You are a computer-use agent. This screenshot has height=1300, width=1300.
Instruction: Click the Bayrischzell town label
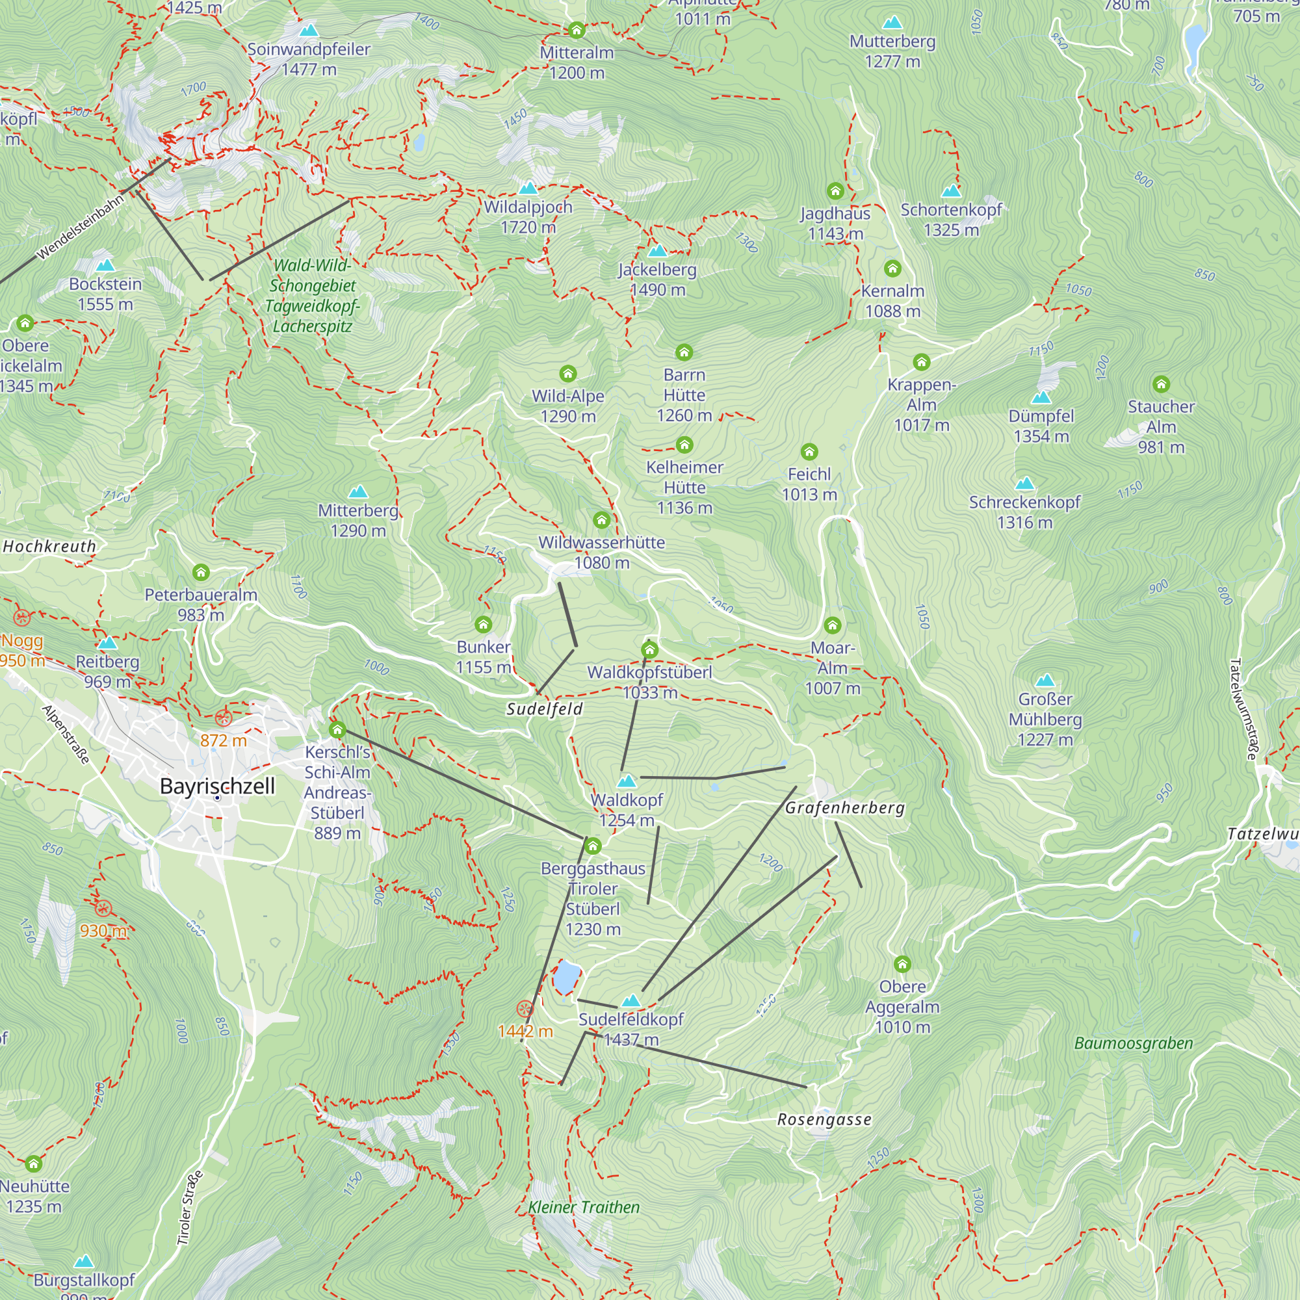coord(217,786)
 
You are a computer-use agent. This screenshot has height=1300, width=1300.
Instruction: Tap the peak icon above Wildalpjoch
coord(528,187)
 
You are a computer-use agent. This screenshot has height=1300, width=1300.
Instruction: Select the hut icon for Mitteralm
coord(576,31)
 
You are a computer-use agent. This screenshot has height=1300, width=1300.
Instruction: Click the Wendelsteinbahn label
coord(81,227)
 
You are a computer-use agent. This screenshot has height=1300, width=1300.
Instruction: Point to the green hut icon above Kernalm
coord(892,269)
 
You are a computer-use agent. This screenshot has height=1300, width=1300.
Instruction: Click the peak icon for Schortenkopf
coord(951,190)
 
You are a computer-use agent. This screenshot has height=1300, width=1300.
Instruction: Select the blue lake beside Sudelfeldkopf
coord(567,977)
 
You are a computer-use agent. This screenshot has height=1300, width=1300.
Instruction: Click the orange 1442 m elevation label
coord(525,1031)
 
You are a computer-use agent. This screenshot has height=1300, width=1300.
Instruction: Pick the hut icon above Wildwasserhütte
coord(601,520)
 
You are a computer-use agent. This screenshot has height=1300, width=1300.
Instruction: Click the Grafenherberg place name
coord(844,807)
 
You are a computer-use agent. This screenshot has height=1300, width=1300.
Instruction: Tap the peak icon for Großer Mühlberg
coord(1045,680)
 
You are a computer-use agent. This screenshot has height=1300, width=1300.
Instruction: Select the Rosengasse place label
coord(824,1120)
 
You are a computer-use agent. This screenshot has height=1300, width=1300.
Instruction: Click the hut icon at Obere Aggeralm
coord(902,964)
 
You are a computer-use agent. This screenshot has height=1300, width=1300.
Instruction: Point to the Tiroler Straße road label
coord(190,1208)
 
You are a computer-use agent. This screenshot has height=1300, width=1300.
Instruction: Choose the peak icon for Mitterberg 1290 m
coord(358,492)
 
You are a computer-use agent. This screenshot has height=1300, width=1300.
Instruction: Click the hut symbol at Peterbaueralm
coord(200,573)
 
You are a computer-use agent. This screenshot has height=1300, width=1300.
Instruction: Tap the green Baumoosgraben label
coord(1133,1044)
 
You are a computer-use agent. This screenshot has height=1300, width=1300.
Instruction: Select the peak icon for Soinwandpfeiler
coord(308,31)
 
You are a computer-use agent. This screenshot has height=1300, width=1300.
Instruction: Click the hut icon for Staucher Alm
coord(1161,385)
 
